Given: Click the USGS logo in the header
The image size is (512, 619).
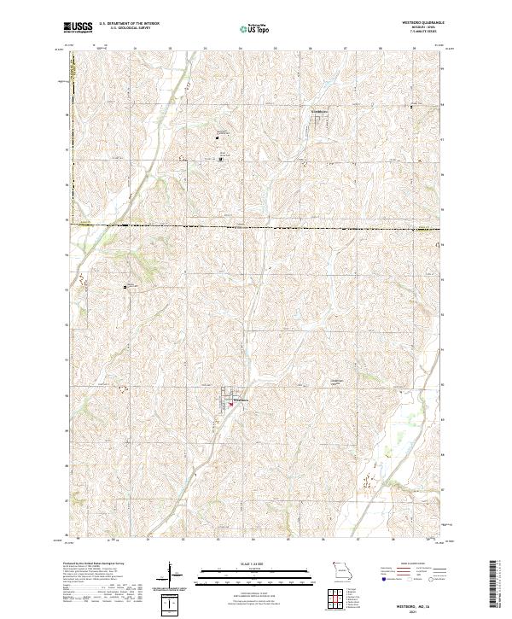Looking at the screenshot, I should click(x=73, y=27).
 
